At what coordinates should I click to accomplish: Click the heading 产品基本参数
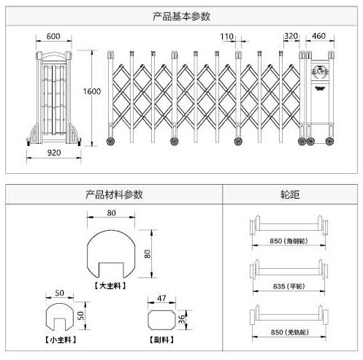coord(183,15)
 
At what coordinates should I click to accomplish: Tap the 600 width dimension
coord(53,37)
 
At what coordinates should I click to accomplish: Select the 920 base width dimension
coord(53,153)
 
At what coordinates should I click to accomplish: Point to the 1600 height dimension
coord(91,91)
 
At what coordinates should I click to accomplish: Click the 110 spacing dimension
coord(226,37)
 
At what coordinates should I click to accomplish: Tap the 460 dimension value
coord(318,37)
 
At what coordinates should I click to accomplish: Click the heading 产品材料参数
coord(115,195)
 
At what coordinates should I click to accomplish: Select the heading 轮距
coord(290,195)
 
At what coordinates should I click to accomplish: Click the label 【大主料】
coord(111,286)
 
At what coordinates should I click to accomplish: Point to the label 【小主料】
coord(61,340)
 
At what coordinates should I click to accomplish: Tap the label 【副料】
coord(161,340)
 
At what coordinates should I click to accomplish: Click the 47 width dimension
coord(162,299)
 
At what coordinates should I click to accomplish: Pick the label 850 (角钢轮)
coord(290,240)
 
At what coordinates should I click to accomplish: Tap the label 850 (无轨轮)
coord(290,332)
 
